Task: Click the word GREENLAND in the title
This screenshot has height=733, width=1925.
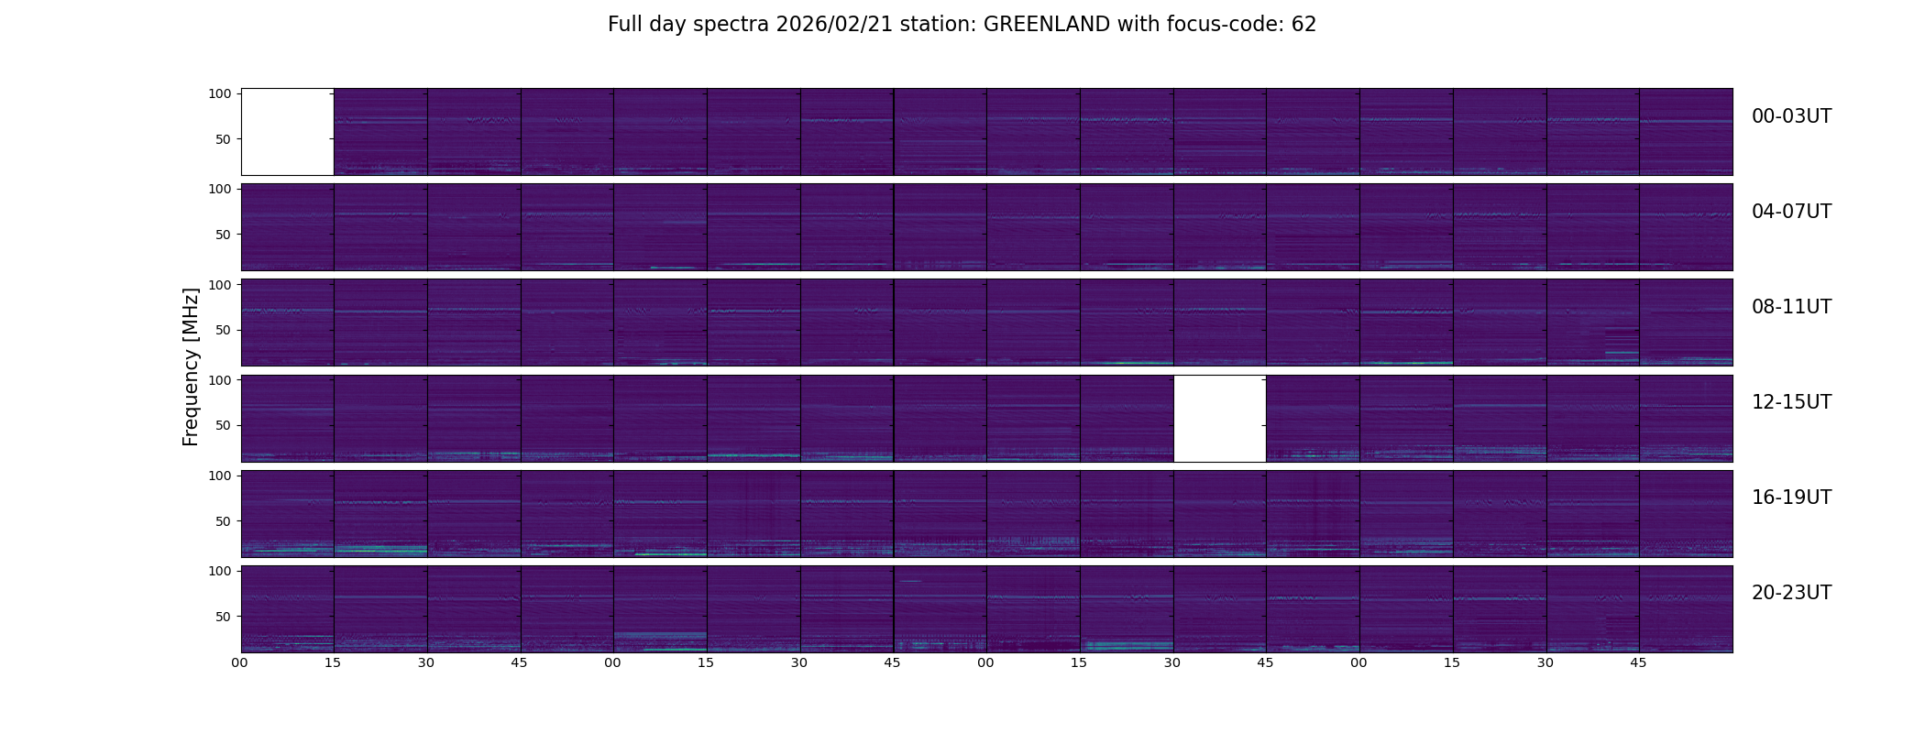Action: (1046, 25)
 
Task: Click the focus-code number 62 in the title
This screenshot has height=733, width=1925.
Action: (1304, 25)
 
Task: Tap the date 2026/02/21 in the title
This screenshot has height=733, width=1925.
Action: (825, 25)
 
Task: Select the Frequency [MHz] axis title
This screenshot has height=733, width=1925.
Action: (191, 367)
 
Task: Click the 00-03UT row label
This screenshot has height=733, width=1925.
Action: (1791, 116)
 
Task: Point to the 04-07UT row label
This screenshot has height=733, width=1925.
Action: (1791, 212)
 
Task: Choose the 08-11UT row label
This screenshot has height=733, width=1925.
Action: (1791, 307)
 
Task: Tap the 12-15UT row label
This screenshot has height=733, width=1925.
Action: (1791, 402)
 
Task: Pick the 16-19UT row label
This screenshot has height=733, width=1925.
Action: (1791, 498)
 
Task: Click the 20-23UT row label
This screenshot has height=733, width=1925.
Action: (1791, 593)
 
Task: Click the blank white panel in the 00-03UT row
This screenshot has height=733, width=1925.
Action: (288, 132)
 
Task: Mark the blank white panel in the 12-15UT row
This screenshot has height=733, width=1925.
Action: (1220, 419)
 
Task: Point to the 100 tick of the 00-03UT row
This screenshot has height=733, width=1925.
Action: (220, 93)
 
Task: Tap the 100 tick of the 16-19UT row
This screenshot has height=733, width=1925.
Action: (220, 476)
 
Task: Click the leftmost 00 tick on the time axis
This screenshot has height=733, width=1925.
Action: (240, 662)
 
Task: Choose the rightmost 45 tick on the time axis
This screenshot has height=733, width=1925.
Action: (1639, 662)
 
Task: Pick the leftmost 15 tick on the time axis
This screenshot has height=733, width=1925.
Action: (333, 662)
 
